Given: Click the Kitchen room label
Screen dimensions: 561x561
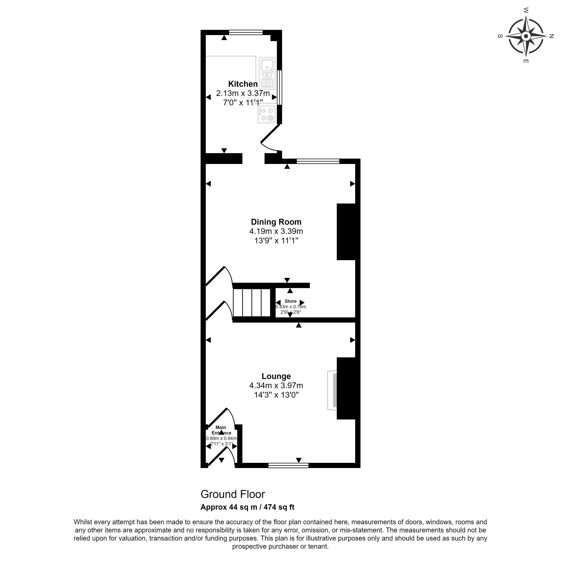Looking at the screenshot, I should click(243, 84).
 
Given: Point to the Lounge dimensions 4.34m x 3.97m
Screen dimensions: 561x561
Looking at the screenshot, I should click(276, 386).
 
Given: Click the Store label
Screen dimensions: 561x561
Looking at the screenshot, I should click(291, 301).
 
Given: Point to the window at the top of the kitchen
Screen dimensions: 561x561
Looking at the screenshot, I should click(246, 32).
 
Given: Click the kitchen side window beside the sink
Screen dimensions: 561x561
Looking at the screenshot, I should click(279, 87).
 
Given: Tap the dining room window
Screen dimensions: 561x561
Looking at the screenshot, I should click(318, 161).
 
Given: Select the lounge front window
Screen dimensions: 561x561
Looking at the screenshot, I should click(288, 465).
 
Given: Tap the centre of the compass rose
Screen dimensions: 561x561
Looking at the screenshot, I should click(526, 36).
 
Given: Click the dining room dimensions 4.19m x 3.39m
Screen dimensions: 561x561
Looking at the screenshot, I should click(276, 231).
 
